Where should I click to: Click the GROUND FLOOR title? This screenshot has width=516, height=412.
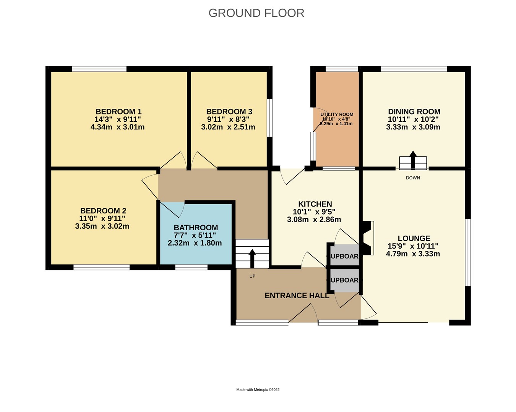click(x=256, y=13)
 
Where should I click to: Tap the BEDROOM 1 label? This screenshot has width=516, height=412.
click(x=118, y=111)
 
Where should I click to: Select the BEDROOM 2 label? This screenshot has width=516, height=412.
click(x=103, y=211)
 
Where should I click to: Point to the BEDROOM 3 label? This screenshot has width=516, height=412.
click(x=229, y=111)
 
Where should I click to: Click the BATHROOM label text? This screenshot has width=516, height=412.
click(x=196, y=228)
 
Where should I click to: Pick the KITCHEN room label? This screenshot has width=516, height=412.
click(x=315, y=204)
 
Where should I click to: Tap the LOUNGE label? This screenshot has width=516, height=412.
click(x=414, y=238)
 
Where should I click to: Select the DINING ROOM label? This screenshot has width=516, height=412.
click(x=414, y=111)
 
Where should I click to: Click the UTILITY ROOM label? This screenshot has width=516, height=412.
click(x=337, y=114)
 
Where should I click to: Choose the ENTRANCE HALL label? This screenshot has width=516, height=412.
click(x=297, y=296)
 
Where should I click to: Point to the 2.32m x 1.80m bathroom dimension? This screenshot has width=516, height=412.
click(x=195, y=243)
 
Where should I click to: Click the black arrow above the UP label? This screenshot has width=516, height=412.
click(x=252, y=258)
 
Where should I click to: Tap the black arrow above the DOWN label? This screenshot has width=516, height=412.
click(x=413, y=158)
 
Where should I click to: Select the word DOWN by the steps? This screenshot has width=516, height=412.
click(x=413, y=178)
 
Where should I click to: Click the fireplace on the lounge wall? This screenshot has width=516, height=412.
click(x=367, y=238)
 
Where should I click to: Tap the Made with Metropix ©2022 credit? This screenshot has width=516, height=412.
click(x=258, y=390)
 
